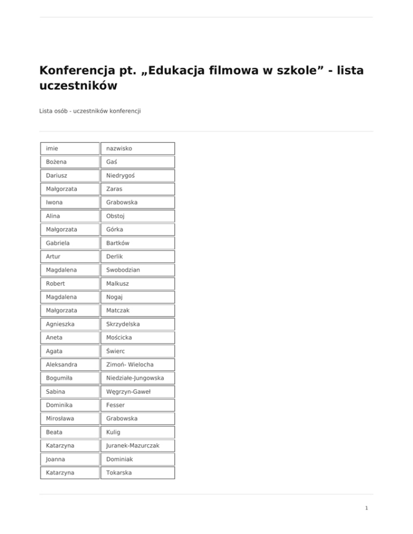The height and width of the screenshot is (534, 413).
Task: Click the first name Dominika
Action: click(60, 405)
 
